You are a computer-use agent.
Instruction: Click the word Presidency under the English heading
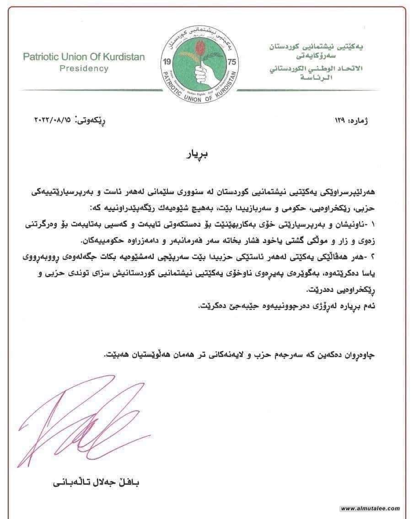[x=84, y=69]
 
